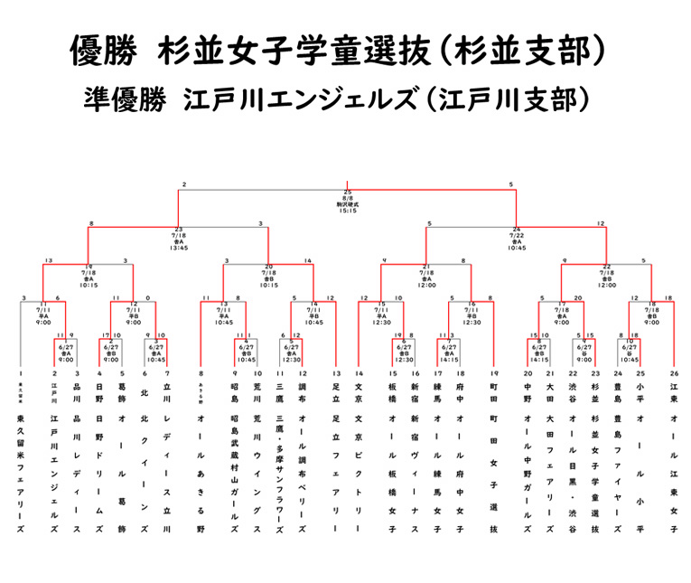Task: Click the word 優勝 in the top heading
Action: coord(101,51)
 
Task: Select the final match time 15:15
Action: coord(347,211)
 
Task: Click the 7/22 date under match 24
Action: coord(517,235)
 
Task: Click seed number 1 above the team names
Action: coord(20,373)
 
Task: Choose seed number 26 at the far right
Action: coord(673,373)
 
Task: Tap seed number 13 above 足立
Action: coord(336,373)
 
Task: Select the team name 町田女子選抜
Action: coord(494,470)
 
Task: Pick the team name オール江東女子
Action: coord(673,470)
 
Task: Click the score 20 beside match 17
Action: coord(578,297)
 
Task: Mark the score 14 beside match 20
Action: coord(309,261)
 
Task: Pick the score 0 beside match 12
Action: coord(146,297)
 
